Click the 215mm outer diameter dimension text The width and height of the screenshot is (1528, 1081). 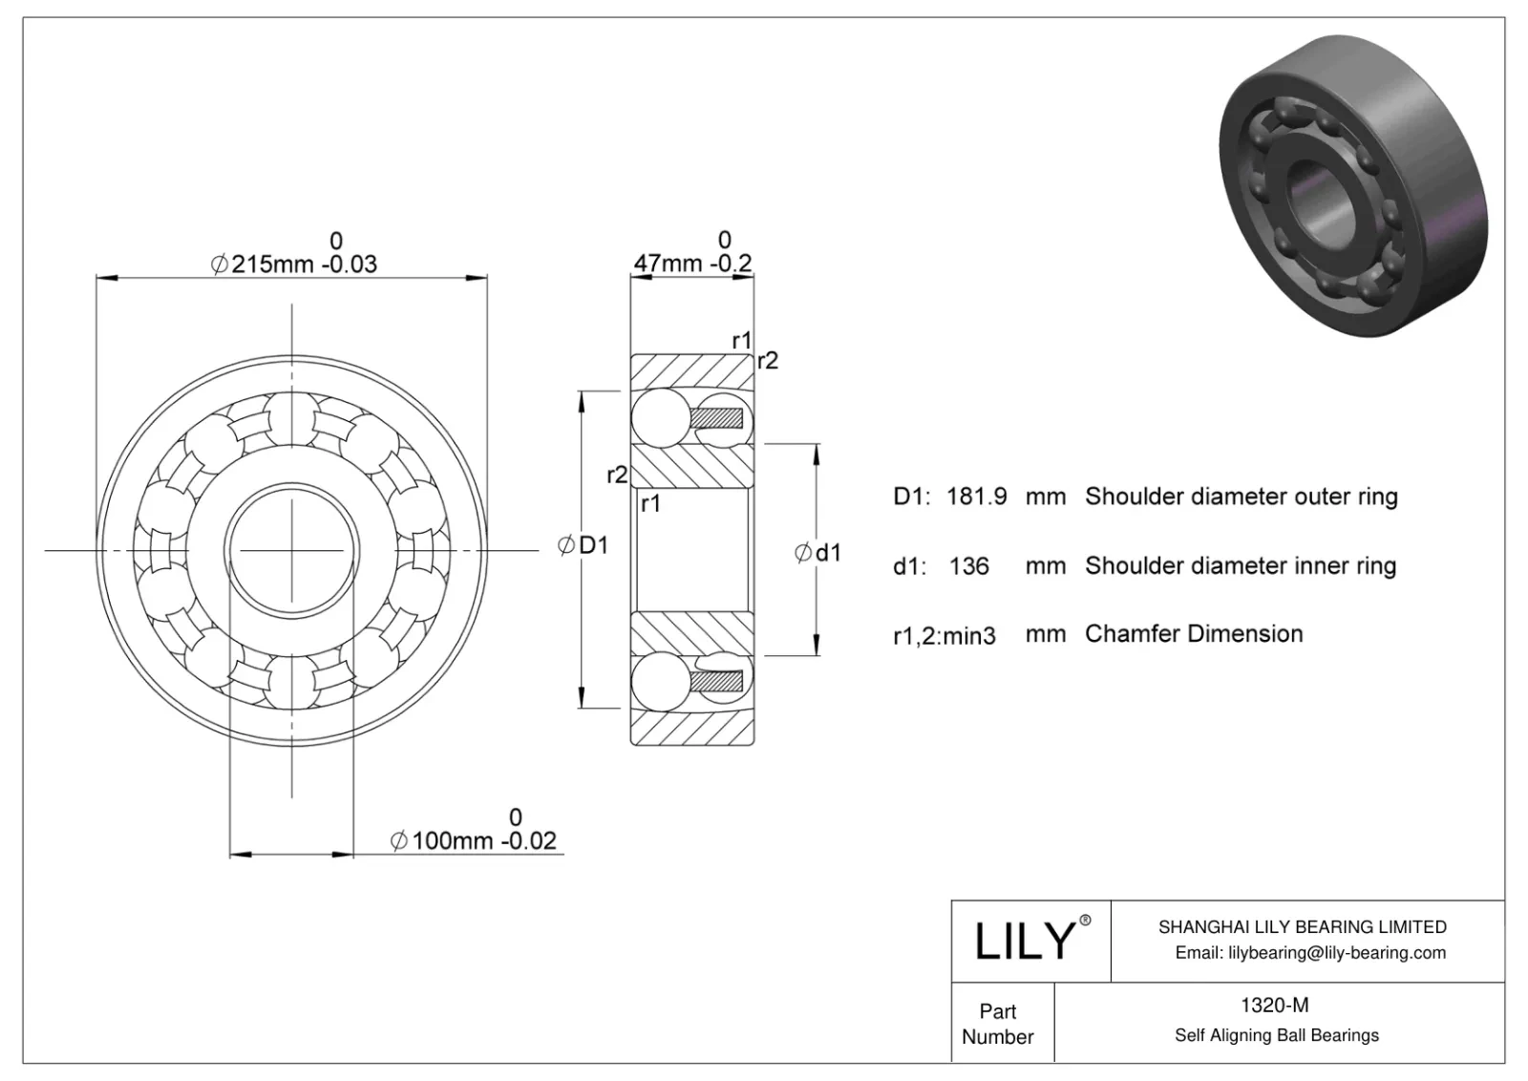pyautogui.click(x=294, y=264)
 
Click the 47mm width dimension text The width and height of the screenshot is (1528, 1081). pyautogui.click(x=693, y=263)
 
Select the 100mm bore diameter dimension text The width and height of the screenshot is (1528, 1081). pyautogui.click(x=474, y=840)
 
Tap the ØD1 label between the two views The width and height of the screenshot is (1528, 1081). pyautogui.click(x=583, y=545)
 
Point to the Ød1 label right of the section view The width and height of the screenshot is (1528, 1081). pyautogui.click(x=818, y=552)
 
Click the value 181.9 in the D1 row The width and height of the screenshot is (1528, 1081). pyautogui.click(x=976, y=497)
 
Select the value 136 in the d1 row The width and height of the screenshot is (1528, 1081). pyautogui.click(x=968, y=566)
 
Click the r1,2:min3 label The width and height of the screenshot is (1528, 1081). pyautogui.click(x=944, y=635)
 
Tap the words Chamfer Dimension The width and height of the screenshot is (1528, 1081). pyautogui.click(x=1194, y=633)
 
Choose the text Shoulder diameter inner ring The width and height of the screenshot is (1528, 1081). pyautogui.click(x=1241, y=565)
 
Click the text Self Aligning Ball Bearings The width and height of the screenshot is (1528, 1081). pyautogui.click(x=1276, y=1035)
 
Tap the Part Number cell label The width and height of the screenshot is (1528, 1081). pyautogui.click(x=998, y=1024)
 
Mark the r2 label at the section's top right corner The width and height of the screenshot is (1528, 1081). pyautogui.click(x=767, y=360)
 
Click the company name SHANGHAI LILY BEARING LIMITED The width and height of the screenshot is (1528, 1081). pyautogui.click(x=1302, y=926)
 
